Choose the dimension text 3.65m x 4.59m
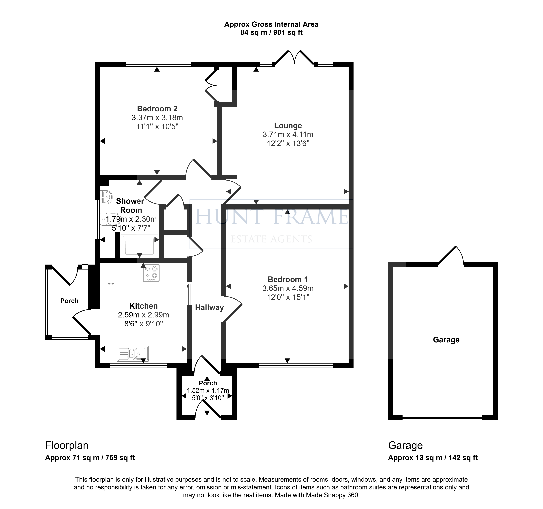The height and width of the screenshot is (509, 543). pos(288,288)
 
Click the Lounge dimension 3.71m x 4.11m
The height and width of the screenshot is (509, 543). pos(288,134)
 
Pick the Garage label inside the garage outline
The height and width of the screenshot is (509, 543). pos(446,340)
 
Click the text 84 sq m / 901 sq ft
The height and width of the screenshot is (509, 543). pos(271,33)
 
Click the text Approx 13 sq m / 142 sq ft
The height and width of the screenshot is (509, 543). pos(433,458)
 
